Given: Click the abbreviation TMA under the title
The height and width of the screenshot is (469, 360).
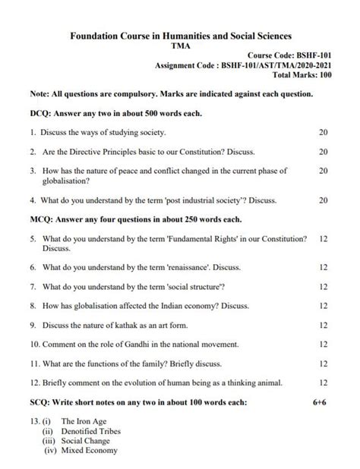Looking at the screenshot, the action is pos(181,46).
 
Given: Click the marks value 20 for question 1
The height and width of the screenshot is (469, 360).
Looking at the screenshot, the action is pos(324,132).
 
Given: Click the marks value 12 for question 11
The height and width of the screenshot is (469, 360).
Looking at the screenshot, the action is pos(324,364).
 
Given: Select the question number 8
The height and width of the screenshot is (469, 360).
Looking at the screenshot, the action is pos(34,306).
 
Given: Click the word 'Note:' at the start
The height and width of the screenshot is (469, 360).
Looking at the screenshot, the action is pos(39,94).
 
